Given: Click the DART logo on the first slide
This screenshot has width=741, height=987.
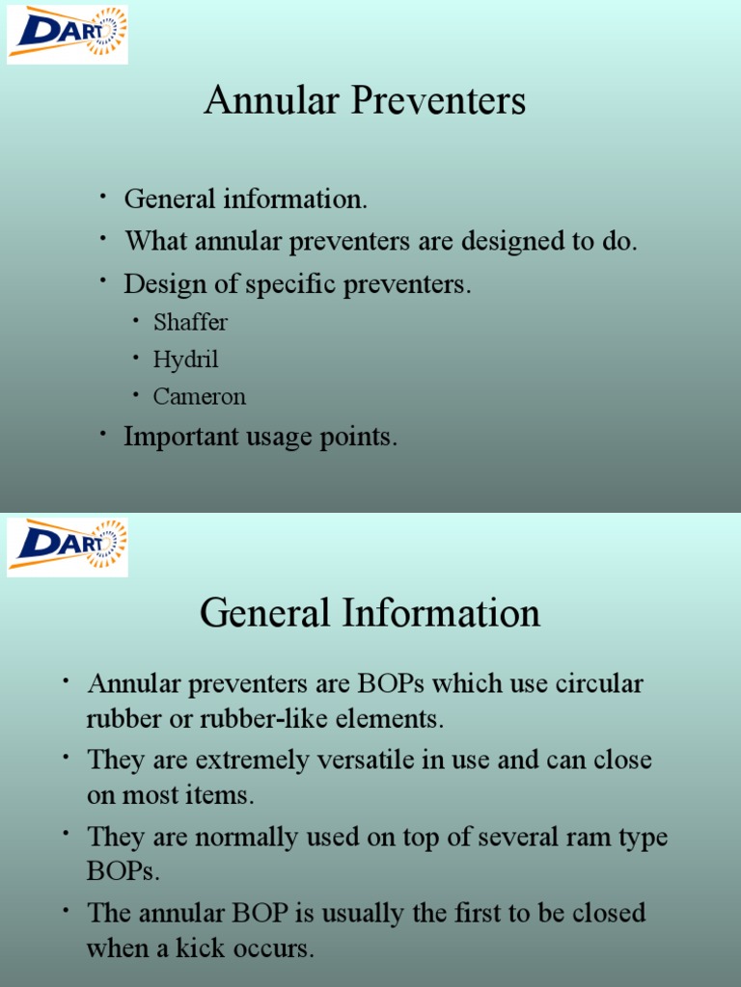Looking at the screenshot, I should point(68,35).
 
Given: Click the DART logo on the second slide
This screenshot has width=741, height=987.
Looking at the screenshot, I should point(68,547).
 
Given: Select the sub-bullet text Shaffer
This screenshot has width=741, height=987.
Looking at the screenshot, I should point(190,322).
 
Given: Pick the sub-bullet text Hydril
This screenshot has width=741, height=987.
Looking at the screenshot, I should point(185,360).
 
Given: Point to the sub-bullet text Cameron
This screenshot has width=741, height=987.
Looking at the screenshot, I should point(199,396).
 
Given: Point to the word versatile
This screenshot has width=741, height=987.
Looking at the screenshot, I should point(364,760).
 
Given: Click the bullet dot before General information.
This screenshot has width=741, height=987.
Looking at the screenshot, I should point(103,198).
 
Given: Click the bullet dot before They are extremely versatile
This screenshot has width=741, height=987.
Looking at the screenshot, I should point(67,758).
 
